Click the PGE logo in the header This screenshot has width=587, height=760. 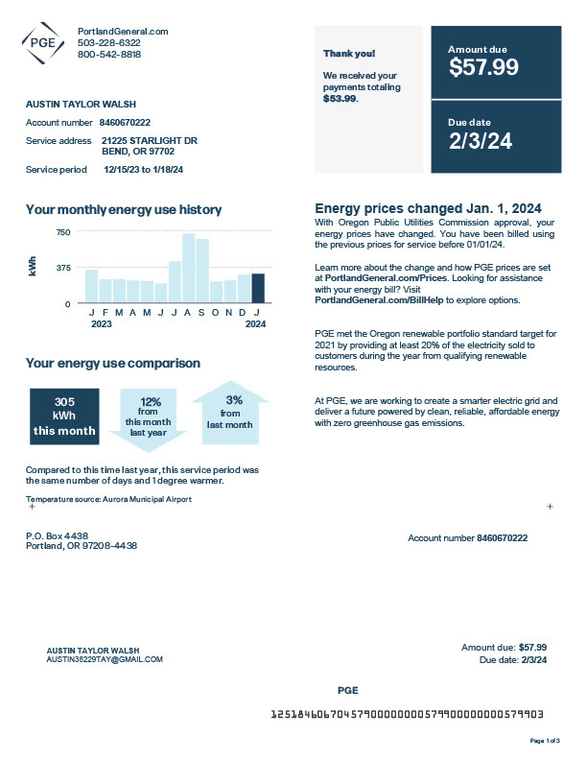42,42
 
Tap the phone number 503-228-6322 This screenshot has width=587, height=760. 108,43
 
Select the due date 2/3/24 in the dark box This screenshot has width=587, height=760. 481,141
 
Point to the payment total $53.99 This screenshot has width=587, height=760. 340,98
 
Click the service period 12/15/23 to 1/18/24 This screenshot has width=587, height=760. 143,169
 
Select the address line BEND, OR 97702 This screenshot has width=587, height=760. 138,151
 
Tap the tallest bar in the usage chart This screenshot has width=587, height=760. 189,268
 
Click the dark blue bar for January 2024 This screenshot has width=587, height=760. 258,288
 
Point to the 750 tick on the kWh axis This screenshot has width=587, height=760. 63,232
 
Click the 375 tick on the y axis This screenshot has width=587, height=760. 63,268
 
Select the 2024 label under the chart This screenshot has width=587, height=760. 254,323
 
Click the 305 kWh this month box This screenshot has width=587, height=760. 63,416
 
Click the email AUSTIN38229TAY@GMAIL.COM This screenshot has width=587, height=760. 105,659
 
